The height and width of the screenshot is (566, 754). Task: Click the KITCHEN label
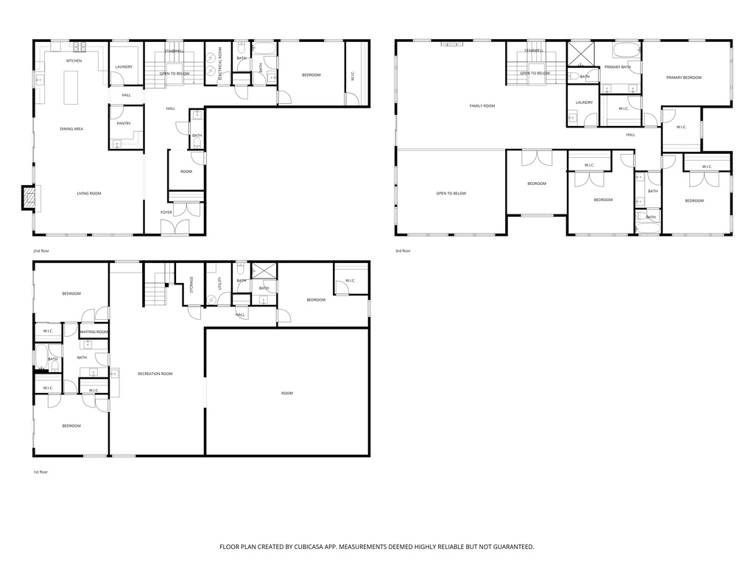click(x=74, y=60)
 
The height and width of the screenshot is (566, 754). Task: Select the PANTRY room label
click(x=123, y=123)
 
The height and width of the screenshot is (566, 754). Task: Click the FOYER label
click(x=166, y=212)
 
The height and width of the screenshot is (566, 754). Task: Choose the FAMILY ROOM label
click(x=482, y=106)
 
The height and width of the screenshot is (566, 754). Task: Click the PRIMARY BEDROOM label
click(x=683, y=77)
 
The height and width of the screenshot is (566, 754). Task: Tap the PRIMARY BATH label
click(x=617, y=67)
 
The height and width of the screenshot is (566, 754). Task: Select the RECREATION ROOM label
click(x=155, y=374)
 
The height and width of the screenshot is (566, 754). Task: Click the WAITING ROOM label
click(x=94, y=332)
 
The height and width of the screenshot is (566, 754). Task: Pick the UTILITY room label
click(x=219, y=284)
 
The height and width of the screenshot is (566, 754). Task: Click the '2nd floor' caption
click(x=41, y=251)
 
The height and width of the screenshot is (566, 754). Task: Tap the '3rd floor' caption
click(x=403, y=251)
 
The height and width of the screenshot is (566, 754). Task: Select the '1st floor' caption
click(x=40, y=472)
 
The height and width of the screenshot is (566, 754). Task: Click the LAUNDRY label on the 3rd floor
click(x=584, y=102)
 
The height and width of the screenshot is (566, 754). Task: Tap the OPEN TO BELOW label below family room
click(x=451, y=194)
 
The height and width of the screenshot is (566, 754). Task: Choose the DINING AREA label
click(x=71, y=129)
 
